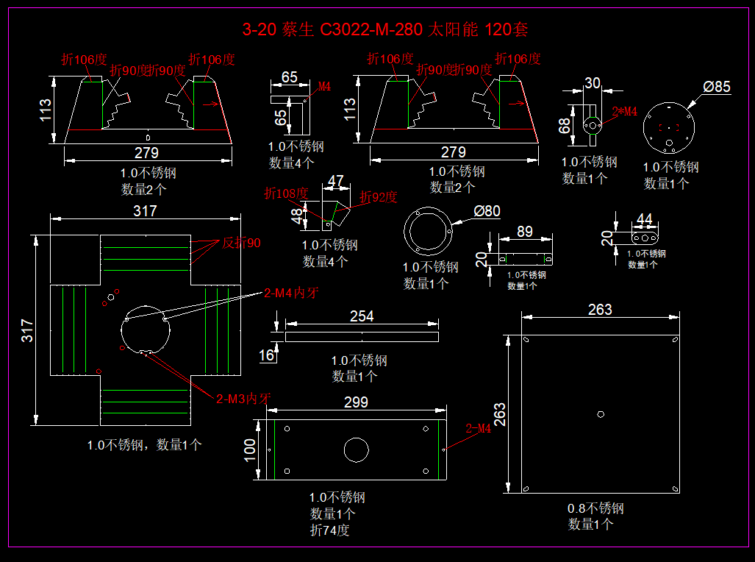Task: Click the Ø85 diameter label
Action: tap(716, 87)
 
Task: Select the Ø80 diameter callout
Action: tap(487, 211)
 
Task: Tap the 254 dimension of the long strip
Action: tap(362, 316)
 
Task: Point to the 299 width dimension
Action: tap(356, 402)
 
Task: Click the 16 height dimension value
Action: tap(266, 356)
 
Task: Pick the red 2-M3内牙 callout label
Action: tap(243, 399)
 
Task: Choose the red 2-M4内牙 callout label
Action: tap(290, 293)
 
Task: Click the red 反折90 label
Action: tap(241, 243)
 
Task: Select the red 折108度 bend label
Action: tap(287, 193)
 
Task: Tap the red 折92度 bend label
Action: tap(378, 197)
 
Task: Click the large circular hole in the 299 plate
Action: tap(356, 449)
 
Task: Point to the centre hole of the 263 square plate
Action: tap(601, 414)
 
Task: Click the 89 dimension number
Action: tap(524, 231)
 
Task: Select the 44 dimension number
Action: tap(644, 219)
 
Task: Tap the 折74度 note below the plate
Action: tap(329, 530)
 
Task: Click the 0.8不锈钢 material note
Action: tap(595, 508)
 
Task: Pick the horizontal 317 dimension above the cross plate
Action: tap(146, 211)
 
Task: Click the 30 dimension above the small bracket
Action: tap(593, 83)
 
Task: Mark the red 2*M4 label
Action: tap(625, 111)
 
